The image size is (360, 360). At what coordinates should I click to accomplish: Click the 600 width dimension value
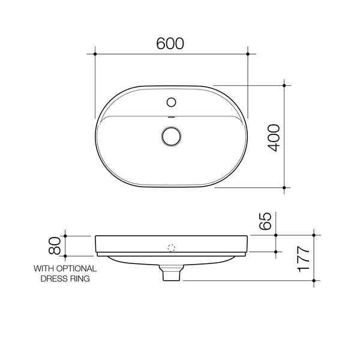[170, 43]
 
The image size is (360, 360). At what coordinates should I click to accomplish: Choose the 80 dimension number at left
[55, 245]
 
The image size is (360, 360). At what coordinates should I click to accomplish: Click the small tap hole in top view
[172, 101]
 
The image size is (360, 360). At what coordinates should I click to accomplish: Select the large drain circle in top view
[172, 136]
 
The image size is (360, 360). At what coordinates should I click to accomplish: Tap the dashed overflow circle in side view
[172, 247]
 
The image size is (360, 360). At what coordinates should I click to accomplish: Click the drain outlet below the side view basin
[172, 275]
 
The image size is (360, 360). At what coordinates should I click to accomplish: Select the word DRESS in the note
[52, 278]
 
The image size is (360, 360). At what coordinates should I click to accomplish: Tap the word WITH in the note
[43, 268]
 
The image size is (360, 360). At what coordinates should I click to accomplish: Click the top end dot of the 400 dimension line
[284, 85]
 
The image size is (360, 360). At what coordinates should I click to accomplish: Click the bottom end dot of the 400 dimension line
[284, 188]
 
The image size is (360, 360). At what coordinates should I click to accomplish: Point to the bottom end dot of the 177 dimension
[315, 280]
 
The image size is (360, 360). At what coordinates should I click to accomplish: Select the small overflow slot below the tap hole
[172, 116]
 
